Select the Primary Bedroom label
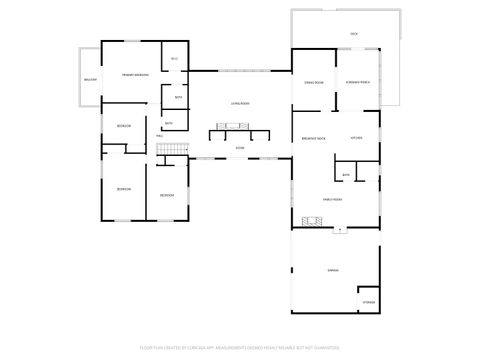tap(135, 76)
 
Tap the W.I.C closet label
tap(174, 59)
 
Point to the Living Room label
tap(240, 103)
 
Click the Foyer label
tap(240, 147)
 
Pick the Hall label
tap(160, 135)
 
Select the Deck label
tap(354, 34)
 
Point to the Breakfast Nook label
tap(313, 138)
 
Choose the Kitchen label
tap(356, 138)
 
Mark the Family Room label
tap(332, 200)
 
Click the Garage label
tap(332, 271)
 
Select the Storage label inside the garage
tap(367, 301)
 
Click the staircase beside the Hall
tap(173, 150)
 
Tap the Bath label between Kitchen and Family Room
tap(346, 175)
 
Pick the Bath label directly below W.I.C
tap(178, 97)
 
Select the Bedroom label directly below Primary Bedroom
tap(123, 126)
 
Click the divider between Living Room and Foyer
tap(239, 131)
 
